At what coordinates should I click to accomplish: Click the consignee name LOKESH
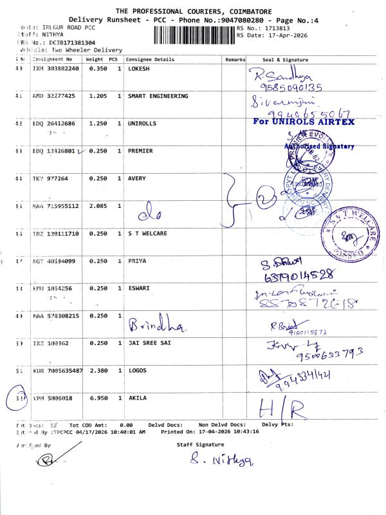tap(138, 68)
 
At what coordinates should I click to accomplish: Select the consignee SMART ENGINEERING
tap(158, 96)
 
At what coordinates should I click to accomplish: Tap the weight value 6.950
tap(98, 399)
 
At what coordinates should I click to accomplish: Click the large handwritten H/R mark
tap(281, 407)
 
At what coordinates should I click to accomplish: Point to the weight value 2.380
tap(98, 371)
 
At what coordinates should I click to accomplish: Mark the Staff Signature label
tap(201, 444)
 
